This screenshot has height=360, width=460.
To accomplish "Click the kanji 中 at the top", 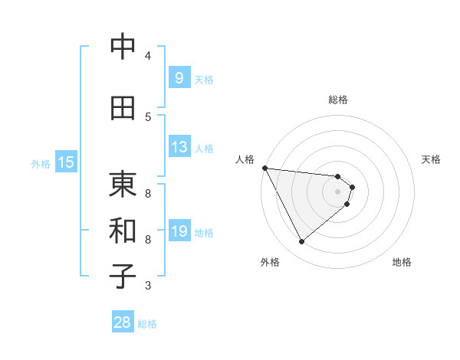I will pos(123,47).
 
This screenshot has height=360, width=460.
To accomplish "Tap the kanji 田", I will pos(123,108).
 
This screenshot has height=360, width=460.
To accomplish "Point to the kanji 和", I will pos(123,231).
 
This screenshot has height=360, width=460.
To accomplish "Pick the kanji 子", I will pos(123,277).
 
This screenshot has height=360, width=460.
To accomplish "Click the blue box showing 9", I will pos(179,77).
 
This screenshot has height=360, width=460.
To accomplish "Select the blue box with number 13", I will pos(179,147).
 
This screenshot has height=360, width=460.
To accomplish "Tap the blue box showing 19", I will pos(179,231).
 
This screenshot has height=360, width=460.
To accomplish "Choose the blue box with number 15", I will pos(66,162).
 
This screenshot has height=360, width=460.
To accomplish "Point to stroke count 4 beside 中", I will pos(148,55).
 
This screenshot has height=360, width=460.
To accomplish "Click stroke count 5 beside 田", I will pos(148,116).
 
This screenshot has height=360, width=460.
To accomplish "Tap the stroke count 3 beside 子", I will pos(148,286).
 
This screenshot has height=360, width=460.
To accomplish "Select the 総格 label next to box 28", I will pos(147,324).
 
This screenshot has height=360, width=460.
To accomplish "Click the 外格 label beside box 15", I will pos(41,163).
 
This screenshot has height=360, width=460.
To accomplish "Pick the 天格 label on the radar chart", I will pos(432,159).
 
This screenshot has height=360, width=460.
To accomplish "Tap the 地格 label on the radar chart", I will pos(402,262).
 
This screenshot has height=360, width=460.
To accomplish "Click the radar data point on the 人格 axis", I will pos(264,168).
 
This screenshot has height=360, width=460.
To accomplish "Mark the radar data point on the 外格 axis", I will pos(301,242).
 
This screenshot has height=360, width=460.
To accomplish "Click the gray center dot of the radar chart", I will pos(337,191).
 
